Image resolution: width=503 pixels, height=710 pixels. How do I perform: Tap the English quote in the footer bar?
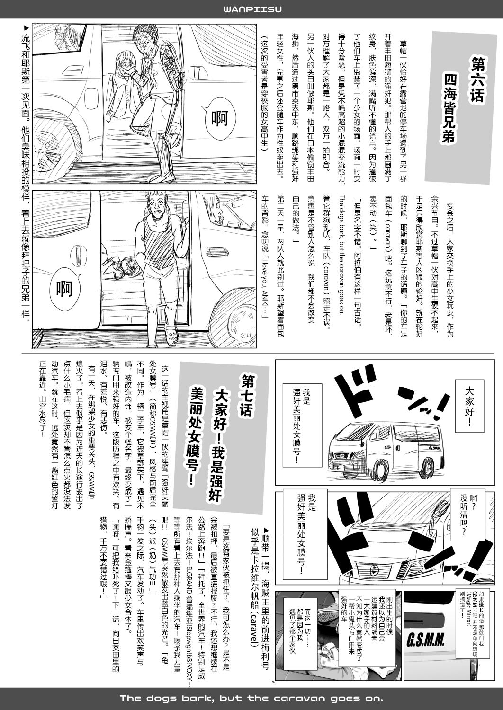(x=251, y=699)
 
